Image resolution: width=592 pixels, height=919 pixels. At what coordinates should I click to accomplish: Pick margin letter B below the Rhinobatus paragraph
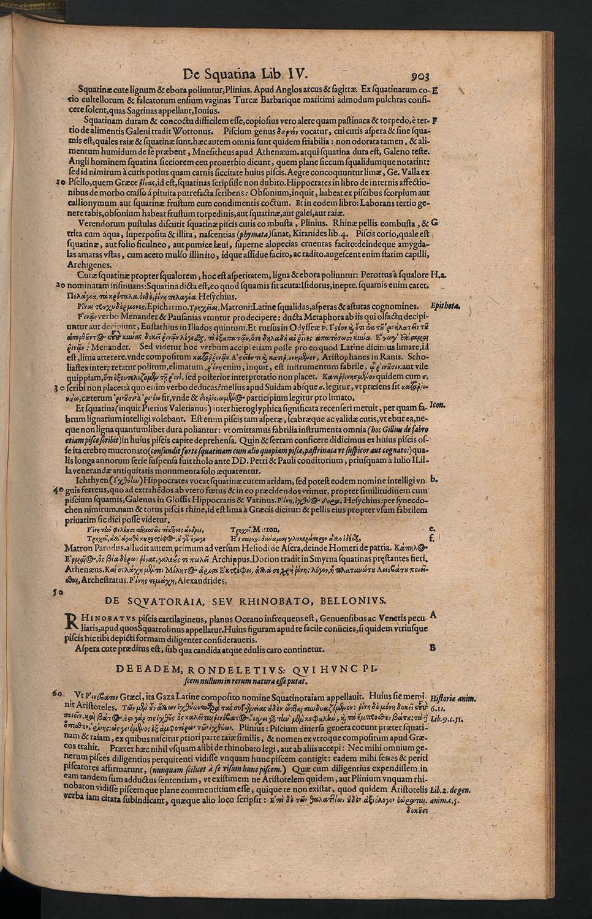[432, 646]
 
